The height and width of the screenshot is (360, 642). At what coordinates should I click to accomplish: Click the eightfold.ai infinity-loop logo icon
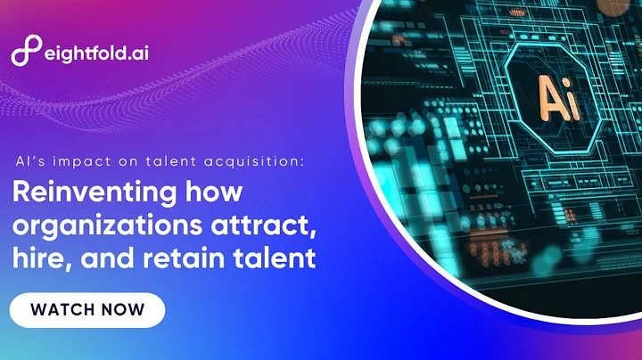coord(28,53)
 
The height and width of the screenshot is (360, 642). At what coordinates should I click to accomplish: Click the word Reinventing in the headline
coord(84,193)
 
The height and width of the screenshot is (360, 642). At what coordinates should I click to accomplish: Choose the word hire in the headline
coord(34,260)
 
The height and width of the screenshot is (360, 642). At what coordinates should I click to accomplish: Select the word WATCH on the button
coord(62,310)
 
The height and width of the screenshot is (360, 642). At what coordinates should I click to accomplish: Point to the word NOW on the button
coord(123,310)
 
